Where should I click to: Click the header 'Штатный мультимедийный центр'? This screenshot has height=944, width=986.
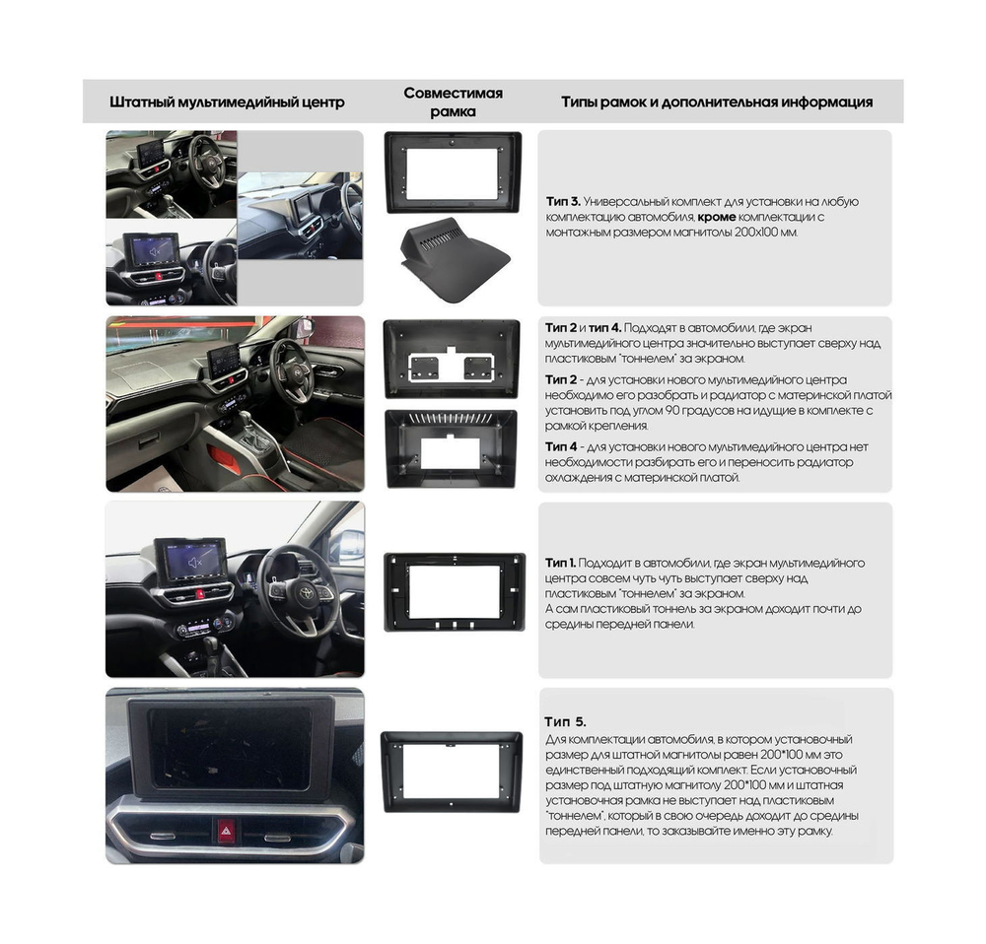click(x=227, y=101)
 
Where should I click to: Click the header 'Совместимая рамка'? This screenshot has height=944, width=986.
click(x=453, y=101)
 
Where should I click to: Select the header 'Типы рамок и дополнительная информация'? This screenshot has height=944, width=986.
click(x=716, y=101)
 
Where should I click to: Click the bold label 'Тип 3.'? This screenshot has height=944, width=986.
click(x=564, y=201)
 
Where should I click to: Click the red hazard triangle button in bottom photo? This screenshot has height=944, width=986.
click(x=226, y=831)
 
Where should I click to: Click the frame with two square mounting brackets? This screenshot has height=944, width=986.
click(x=452, y=360)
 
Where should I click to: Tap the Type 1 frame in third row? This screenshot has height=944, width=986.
click(x=452, y=591)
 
